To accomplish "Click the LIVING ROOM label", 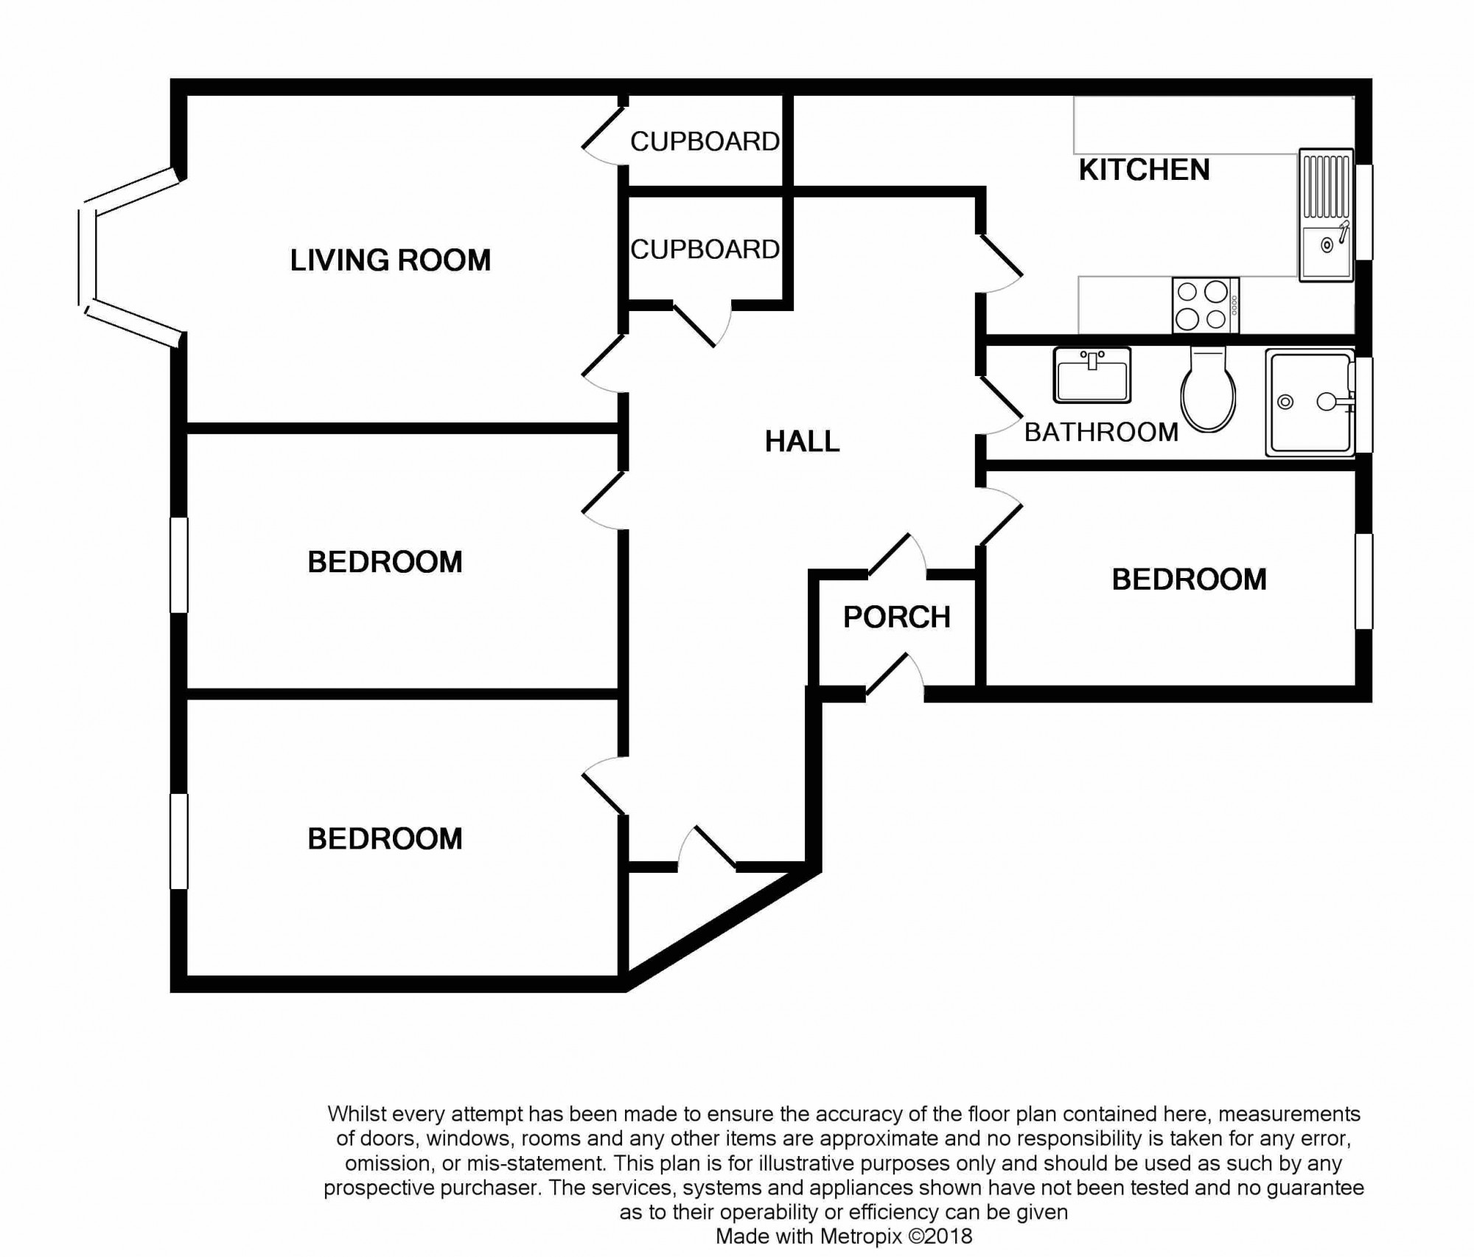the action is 390,260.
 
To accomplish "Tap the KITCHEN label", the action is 1144,170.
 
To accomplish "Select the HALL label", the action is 802,441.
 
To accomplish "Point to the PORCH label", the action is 896,617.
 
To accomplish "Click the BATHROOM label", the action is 1101,432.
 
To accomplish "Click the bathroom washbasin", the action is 1092,375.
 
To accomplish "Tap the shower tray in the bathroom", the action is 1310,402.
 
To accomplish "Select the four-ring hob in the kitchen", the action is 1206,305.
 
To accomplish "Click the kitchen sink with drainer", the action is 1326,215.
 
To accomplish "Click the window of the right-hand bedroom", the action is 1364,582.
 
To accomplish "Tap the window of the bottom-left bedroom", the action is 179,840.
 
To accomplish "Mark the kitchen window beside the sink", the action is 1364,212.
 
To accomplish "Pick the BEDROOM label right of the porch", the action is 1189,579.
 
